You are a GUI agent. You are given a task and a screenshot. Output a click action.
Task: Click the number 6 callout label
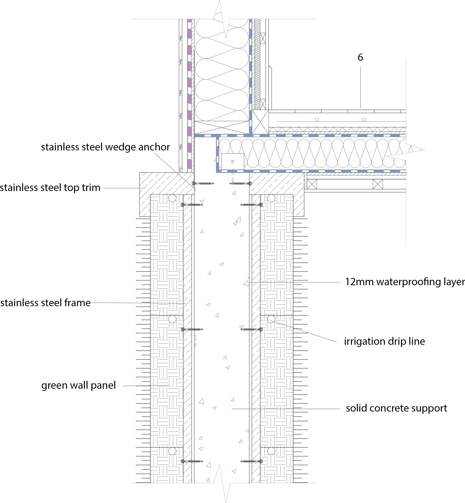tap(360, 57)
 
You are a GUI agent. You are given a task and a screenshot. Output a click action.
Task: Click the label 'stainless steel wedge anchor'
tap(106, 147)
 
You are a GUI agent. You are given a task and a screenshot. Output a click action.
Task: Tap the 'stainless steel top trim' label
tap(50, 188)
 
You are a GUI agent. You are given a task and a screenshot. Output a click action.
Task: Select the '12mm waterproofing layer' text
tap(405, 282)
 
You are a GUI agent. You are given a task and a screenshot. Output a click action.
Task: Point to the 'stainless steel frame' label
tap(46, 303)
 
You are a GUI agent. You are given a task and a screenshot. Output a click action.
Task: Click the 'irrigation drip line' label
tap(384, 341)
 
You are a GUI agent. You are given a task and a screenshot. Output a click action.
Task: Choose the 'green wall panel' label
tap(79, 385)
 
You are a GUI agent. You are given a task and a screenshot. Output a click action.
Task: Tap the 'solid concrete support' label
tap(396, 408)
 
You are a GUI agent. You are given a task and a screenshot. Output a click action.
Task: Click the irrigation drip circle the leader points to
tap(271, 319)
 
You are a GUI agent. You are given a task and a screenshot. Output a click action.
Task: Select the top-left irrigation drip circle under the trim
tap(172, 198)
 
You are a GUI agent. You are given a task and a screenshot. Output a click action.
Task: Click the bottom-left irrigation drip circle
tap(172, 451)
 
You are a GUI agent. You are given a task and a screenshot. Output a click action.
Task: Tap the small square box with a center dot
tap(233, 162)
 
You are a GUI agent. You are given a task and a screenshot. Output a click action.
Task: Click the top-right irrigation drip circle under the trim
tap(271, 198)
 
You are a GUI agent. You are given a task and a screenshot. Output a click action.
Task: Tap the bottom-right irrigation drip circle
tap(271, 451)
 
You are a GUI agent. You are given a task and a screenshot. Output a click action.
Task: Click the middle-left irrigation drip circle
tap(172, 319)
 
